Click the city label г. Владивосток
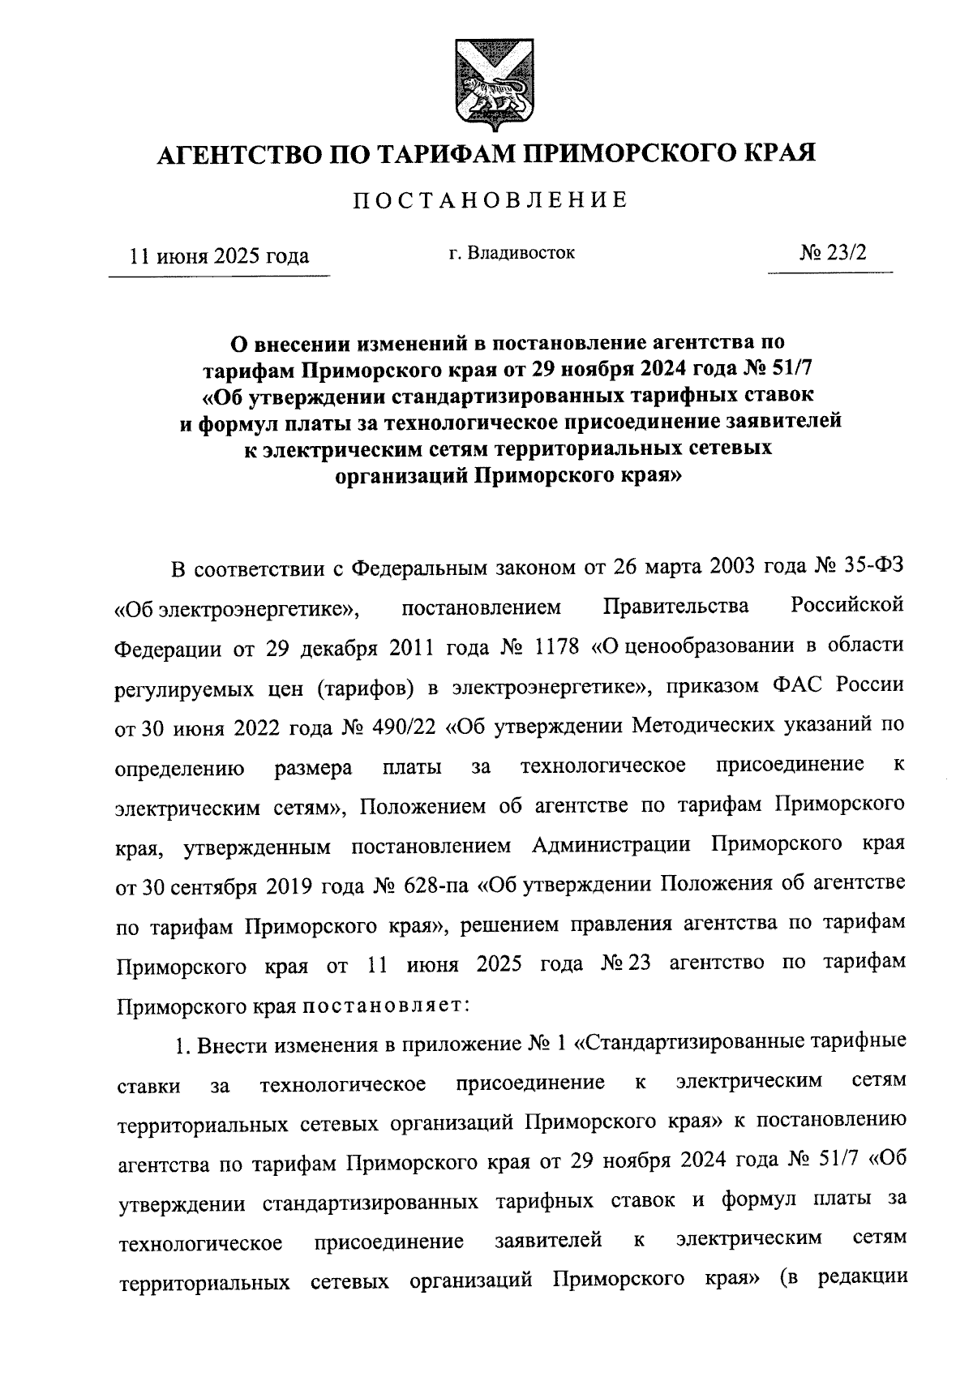tap(511, 253)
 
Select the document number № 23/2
tap(832, 252)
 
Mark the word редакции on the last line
tap(861, 1279)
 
